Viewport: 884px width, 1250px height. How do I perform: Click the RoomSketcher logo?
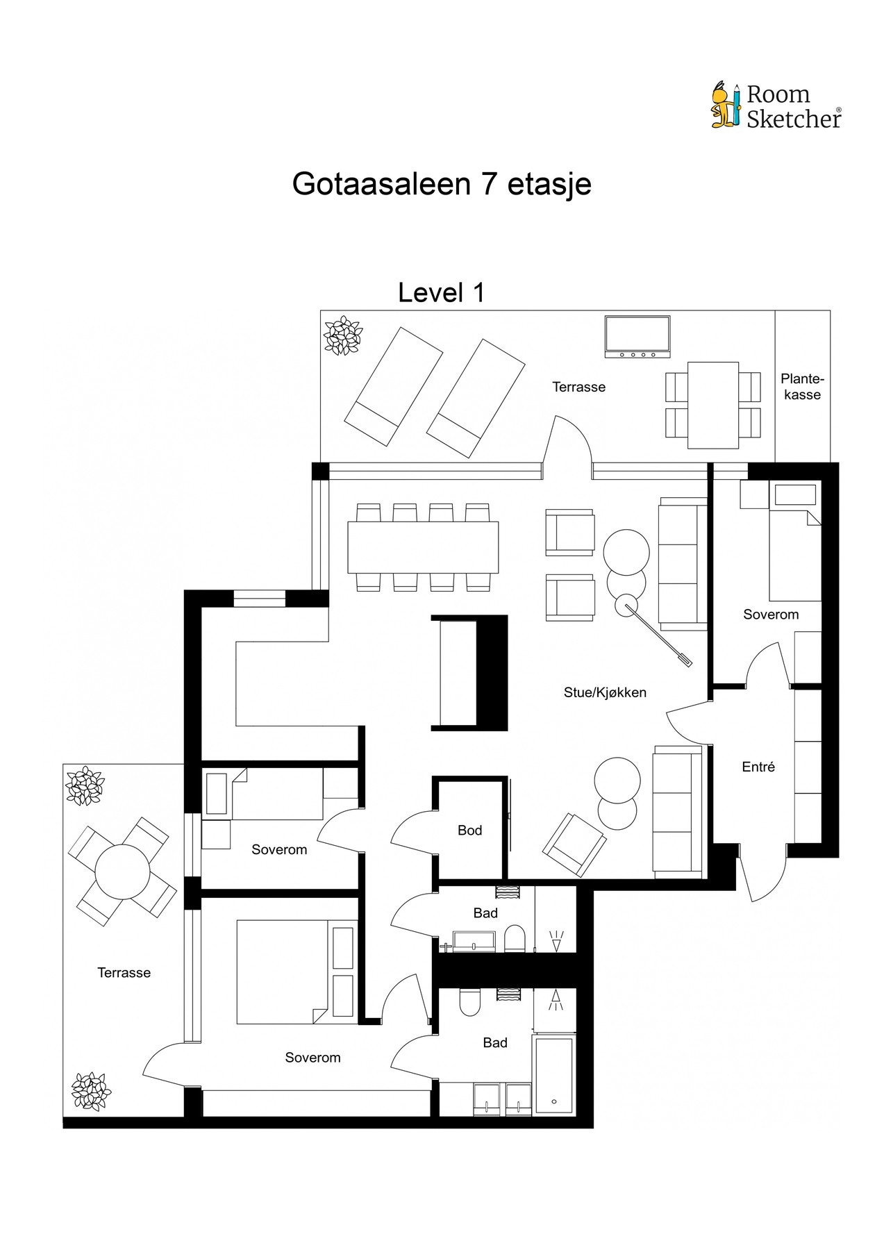776,106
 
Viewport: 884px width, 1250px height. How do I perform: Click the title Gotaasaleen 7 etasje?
442,184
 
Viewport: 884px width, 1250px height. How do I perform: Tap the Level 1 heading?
441,293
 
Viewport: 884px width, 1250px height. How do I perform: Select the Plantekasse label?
801,387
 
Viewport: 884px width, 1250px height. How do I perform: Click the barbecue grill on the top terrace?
637,337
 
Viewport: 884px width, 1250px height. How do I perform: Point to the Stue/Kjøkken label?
605,692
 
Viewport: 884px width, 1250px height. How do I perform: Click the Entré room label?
758,767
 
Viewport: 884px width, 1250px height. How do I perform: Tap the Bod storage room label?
469,830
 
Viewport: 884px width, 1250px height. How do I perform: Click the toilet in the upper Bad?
515,937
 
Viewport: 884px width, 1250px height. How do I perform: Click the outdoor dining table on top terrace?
713,405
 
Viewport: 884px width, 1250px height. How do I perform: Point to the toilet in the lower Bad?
470,1002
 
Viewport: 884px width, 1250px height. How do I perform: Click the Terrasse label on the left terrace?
124,973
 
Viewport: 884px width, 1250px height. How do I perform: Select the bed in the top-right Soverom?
795,542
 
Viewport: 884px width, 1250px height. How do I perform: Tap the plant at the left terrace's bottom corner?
91,1092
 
